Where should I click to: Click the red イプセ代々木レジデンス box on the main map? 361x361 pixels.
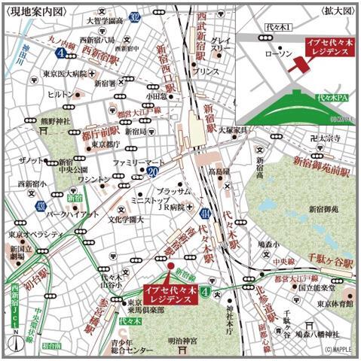coord(170,294)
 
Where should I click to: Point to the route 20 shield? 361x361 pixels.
coord(154,172)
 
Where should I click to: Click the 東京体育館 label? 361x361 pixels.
coord(336,303)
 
